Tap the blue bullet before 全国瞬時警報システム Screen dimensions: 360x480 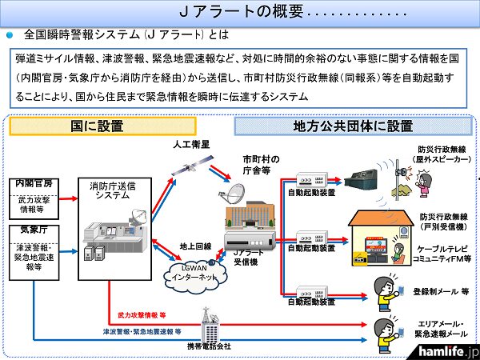coord(10,35)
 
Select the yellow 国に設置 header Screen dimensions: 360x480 coord(88,126)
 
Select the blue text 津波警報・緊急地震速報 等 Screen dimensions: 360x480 coord(142,330)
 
